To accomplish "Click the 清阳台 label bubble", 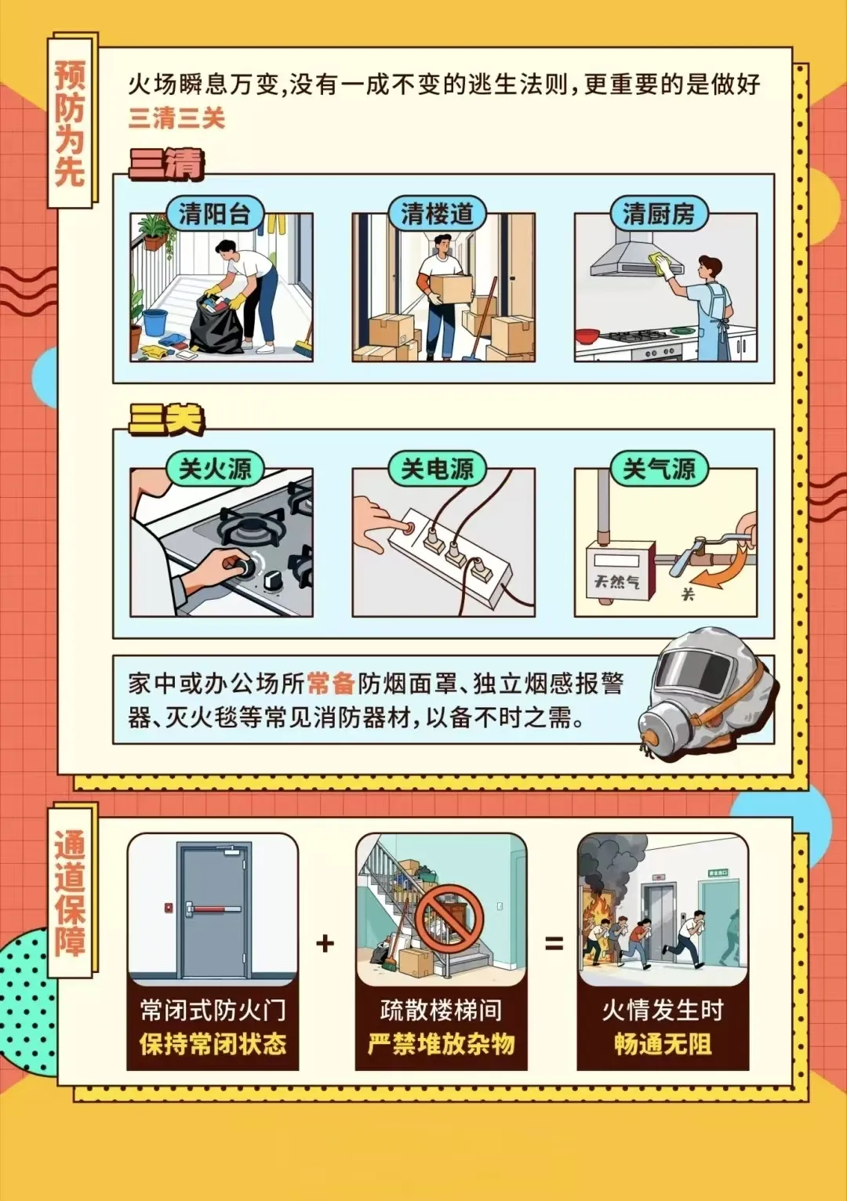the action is (214, 215).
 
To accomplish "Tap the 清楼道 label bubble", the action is (437, 215).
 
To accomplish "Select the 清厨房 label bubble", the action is (659, 215).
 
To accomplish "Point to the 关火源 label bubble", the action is (214, 469).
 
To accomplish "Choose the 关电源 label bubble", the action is (437, 469).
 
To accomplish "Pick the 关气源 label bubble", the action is (659, 469).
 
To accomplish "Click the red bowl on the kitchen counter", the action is (588, 336).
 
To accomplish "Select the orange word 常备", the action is (331, 684).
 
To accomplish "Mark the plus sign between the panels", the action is (325, 942).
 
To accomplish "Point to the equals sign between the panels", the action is (554, 942).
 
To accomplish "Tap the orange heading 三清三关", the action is (176, 118).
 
